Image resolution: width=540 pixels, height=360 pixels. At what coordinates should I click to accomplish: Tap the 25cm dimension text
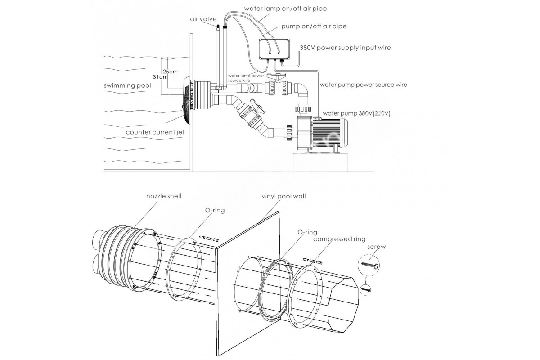point(170,71)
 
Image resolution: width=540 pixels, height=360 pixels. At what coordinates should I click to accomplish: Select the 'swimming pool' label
point(127,85)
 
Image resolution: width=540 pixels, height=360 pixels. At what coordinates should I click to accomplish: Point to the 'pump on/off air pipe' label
point(313,27)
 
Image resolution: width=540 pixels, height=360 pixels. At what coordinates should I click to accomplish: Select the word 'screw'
point(376,247)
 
